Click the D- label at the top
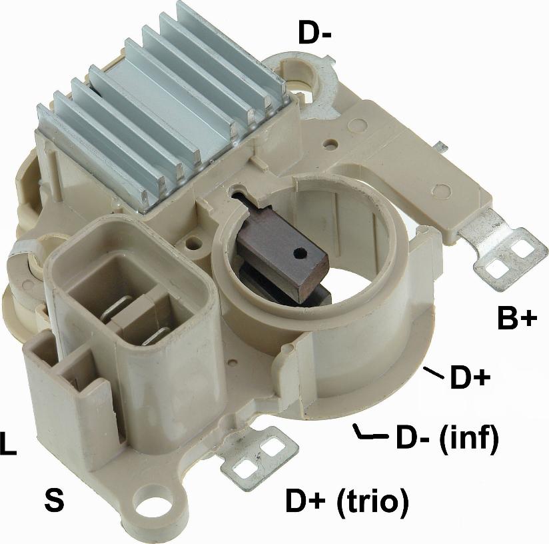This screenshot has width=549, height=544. [x=314, y=33]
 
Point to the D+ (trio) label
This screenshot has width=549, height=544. [x=347, y=501]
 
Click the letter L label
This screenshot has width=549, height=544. [x=8, y=444]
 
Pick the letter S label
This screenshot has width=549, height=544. [x=54, y=500]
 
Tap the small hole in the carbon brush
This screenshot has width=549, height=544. [x=300, y=251]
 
